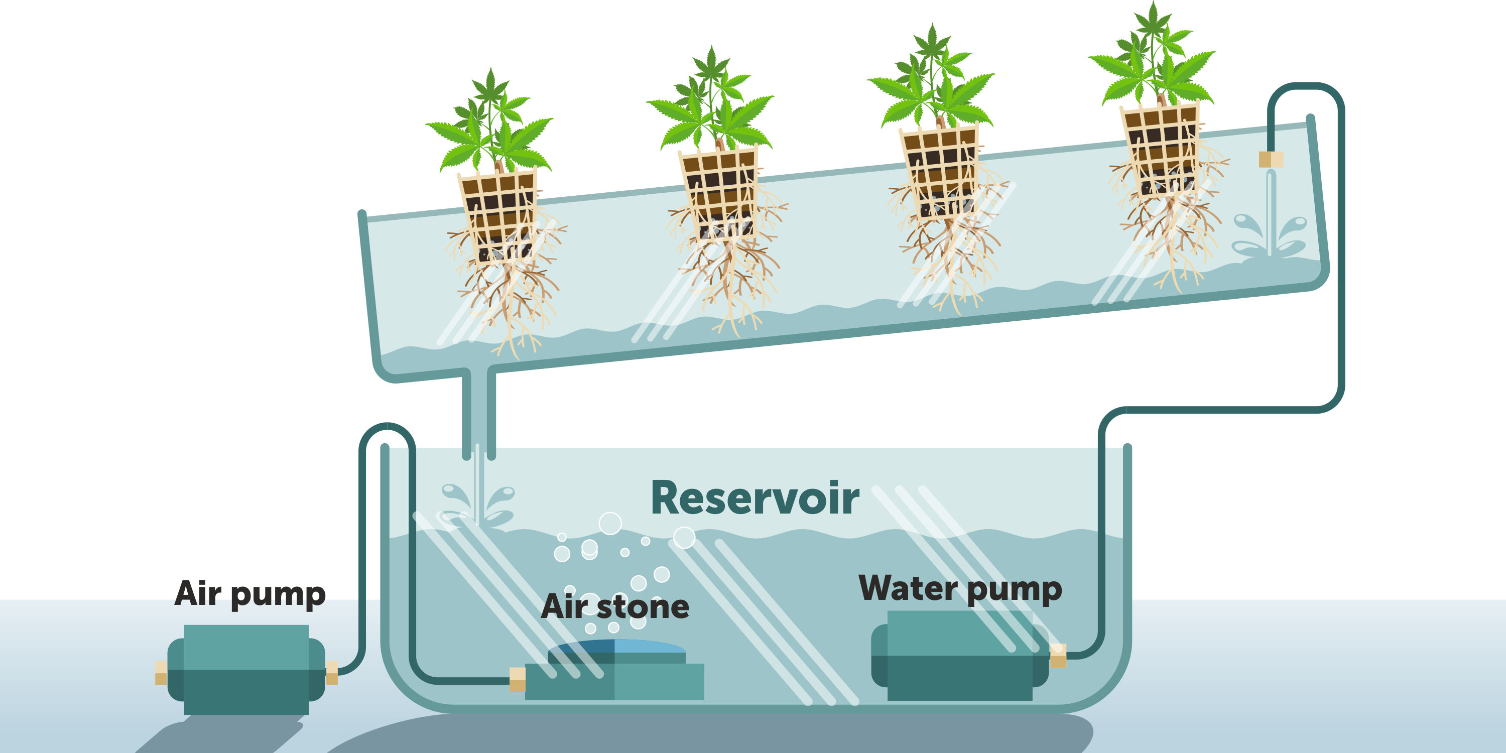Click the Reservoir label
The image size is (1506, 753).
[x=754, y=498]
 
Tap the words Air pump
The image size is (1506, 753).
[x=250, y=594]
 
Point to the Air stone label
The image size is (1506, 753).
[x=615, y=607]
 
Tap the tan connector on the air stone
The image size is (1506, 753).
[x=518, y=680]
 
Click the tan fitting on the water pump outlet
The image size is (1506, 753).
[x=1058, y=656]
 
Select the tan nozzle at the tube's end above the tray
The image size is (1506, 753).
[x=1271, y=159]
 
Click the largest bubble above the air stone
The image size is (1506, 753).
[x=610, y=523]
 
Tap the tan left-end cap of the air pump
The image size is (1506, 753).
[x=161, y=673]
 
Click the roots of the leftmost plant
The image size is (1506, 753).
[x=509, y=304]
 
